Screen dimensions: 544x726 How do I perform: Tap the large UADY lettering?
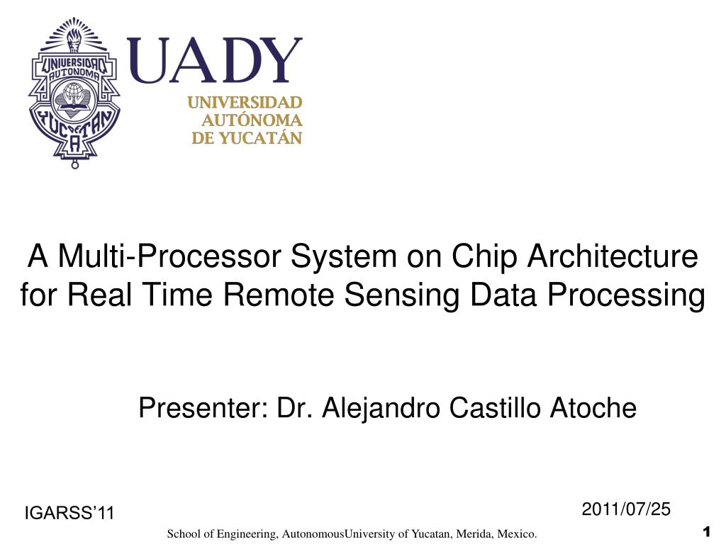214,62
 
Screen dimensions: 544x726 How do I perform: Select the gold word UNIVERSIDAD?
245,103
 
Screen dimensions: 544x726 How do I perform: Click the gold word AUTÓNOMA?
252,120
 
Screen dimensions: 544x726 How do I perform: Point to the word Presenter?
202,408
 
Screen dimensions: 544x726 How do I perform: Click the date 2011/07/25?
626,509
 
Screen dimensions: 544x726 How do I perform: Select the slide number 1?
705,531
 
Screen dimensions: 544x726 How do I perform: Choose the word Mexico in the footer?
518,533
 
